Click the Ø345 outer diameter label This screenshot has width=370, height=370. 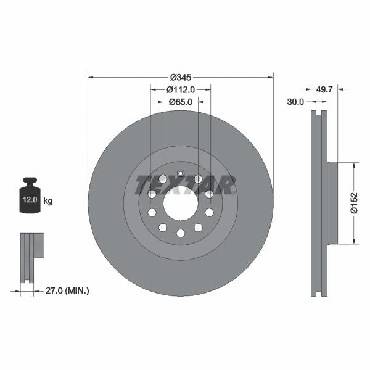tap(181, 78)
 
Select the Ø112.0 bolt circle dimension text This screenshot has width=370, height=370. tap(181, 89)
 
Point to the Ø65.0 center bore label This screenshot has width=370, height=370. tap(181, 102)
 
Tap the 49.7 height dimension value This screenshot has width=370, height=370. tap(324, 89)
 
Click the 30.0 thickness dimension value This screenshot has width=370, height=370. tap(295, 102)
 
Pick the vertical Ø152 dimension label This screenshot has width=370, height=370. tap(354, 203)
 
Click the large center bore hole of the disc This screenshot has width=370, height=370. tap(181, 203)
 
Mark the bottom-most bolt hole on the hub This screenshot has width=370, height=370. tap(181, 233)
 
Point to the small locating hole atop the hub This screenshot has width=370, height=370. tap(181, 173)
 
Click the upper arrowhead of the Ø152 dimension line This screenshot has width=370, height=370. tap(354, 165)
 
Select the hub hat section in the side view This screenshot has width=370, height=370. tap(332, 203)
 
